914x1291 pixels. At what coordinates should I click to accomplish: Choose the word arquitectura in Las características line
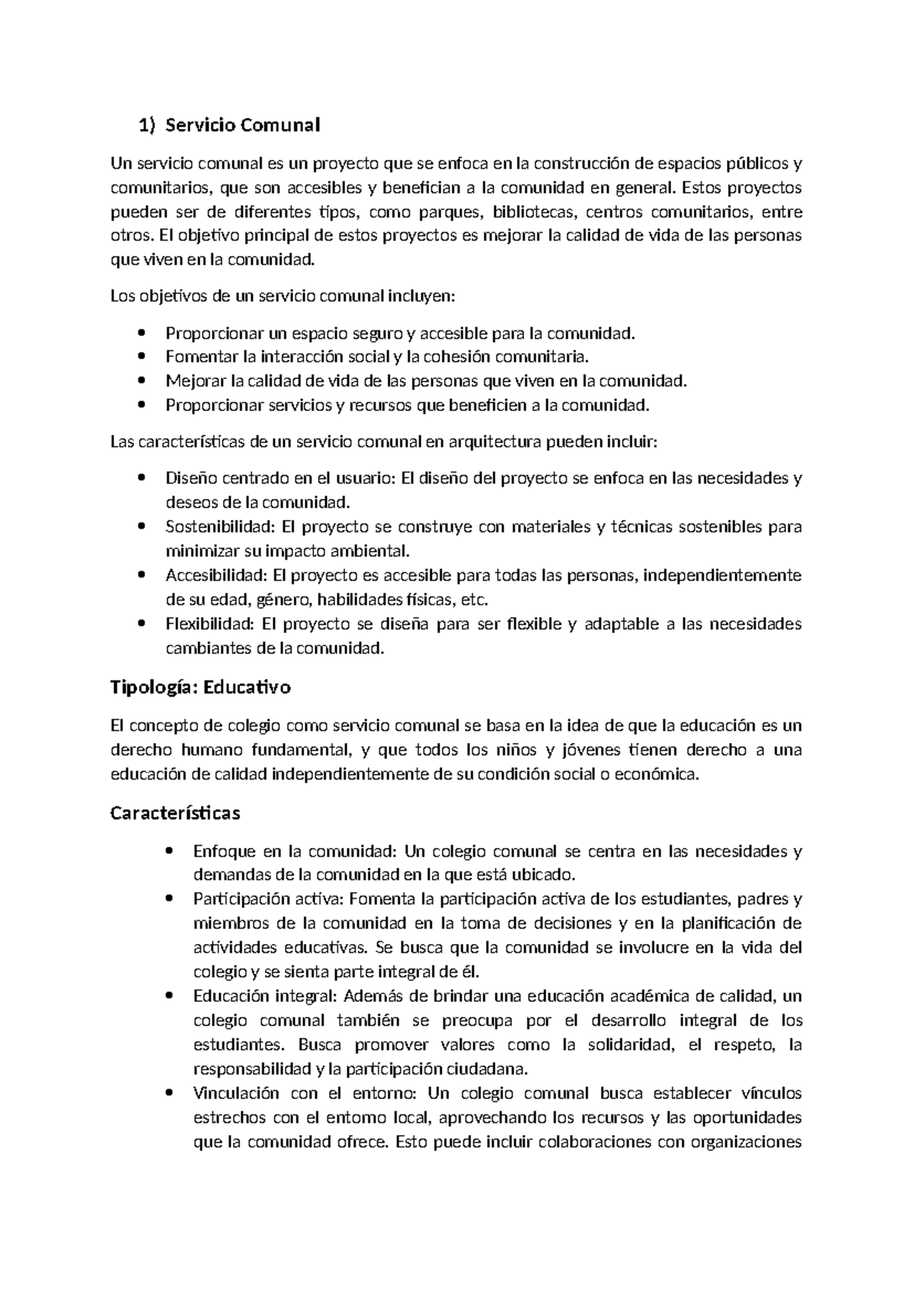[495, 441]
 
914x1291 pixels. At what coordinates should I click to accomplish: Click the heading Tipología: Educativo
[200, 687]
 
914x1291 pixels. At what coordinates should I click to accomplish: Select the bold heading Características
[175, 813]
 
